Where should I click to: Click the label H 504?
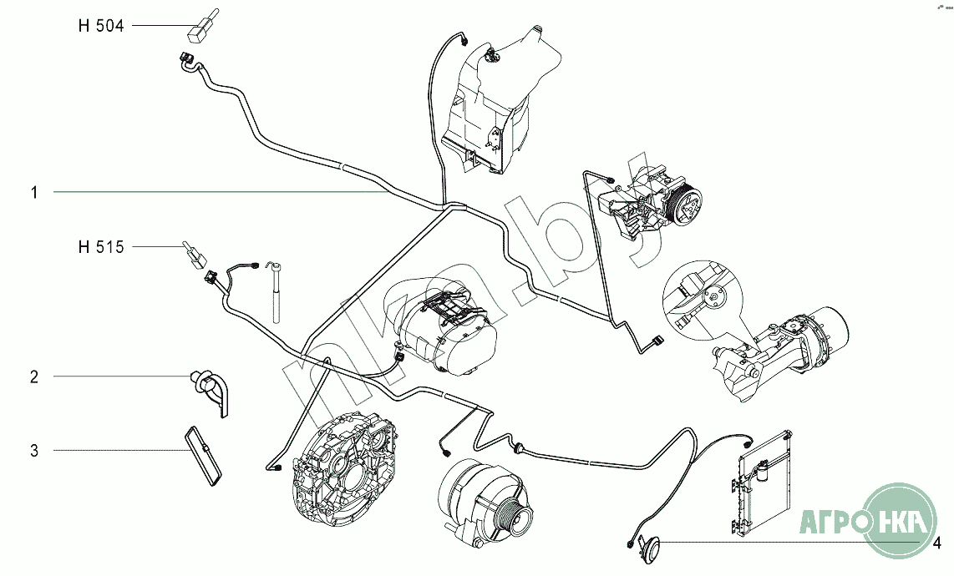coord(100,26)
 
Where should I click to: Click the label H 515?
coord(100,247)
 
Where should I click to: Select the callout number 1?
coord(34,193)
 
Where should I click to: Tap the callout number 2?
coord(34,377)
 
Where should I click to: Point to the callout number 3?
coord(34,452)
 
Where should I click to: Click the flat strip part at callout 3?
coord(202,456)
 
